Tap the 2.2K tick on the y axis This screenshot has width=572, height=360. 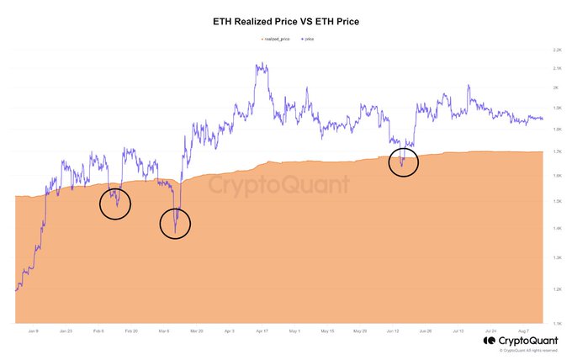(x=556, y=50)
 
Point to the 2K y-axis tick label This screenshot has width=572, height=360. (x=556, y=87)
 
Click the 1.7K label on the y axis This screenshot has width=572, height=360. (x=556, y=151)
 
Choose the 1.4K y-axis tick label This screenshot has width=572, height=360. (x=556, y=229)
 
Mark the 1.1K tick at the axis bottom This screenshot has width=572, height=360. (x=556, y=323)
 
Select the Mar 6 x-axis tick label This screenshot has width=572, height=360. (x=163, y=331)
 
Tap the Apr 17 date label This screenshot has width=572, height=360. (x=261, y=331)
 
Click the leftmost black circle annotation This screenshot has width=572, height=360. (x=115, y=203)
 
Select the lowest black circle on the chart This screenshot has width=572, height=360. (x=176, y=223)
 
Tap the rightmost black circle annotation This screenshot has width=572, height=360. (x=404, y=161)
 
